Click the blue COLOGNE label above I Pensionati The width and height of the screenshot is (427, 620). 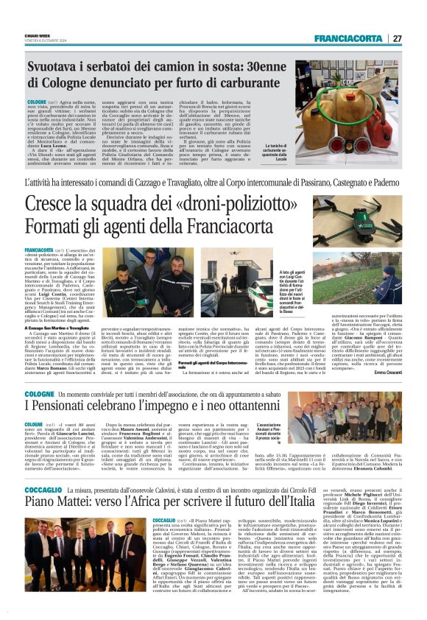point(42,395)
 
